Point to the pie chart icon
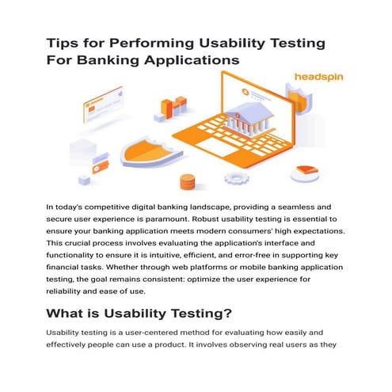[x=304, y=172]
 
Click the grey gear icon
[x=237, y=178]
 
